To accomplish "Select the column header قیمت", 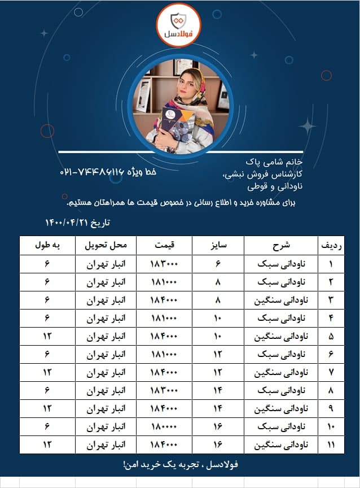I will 165,246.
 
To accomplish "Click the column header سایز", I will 218,246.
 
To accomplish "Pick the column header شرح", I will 282,246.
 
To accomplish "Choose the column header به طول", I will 48,246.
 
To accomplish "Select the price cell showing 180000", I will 165,427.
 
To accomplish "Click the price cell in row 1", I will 165,264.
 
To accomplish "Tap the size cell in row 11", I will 218,445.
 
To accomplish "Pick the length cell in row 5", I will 48,337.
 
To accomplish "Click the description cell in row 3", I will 282,300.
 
